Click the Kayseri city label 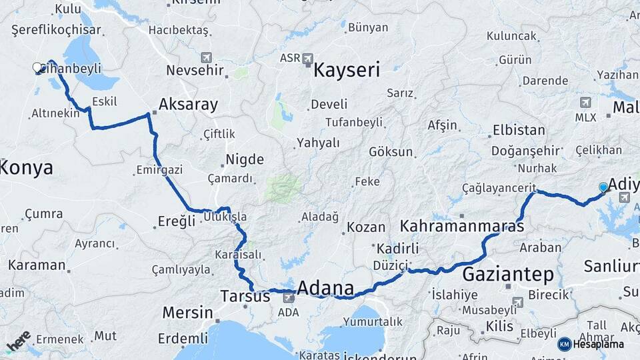tap(346, 70)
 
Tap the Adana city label tap(325, 288)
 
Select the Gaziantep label tap(508, 274)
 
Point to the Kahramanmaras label tap(462, 227)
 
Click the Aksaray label tap(188, 105)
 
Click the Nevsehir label tap(196, 70)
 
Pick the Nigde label tap(245, 159)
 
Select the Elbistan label tap(519, 130)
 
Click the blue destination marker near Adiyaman tap(603, 187)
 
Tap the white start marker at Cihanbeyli tap(37, 67)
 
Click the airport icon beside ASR tap(307, 59)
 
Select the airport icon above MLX tap(585, 103)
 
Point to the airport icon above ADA tap(288, 297)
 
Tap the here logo tap(18, 340)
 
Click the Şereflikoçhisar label tap(56, 29)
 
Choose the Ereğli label tap(177, 221)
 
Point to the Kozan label tap(366, 227)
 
